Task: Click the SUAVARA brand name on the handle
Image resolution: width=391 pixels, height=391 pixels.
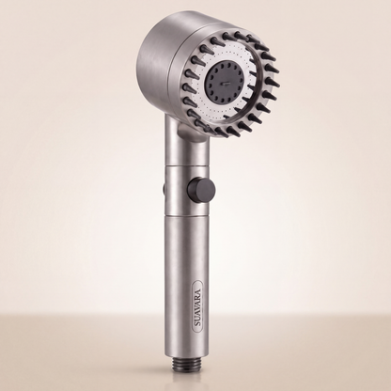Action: (x=197, y=303)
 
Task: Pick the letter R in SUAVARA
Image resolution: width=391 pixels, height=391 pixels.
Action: (x=197, y=292)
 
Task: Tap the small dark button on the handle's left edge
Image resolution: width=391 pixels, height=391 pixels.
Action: (x=164, y=188)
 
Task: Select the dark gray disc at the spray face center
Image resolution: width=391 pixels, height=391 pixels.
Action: (x=223, y=84)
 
